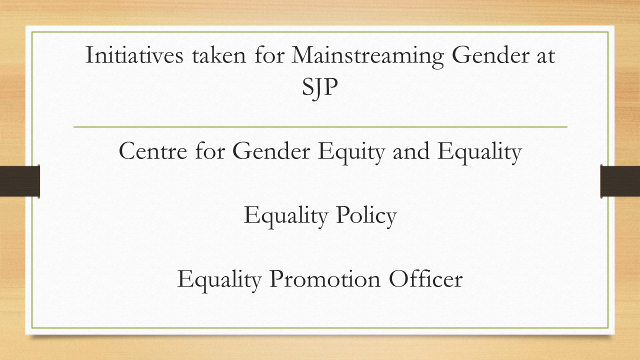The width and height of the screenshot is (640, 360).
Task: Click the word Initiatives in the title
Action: pyautogui.click(x=134, y=54)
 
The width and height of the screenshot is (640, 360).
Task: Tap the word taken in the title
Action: pyautogui.click(x=219, y=55)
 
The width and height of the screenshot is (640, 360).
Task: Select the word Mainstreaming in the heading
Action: pyautogui.click(x=367, y=57)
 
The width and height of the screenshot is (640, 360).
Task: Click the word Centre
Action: pyautogui.click(x=153, y=151)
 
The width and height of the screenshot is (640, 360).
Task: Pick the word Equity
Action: pyautogui.click(x=351, y=153)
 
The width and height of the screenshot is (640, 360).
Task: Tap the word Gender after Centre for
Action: pyautogui.click(x=271, y=150)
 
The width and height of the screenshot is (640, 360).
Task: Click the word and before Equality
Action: pyautogui.click(x=411, y=150)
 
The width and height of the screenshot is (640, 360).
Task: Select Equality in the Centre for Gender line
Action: pyautogui.click(x=479, y=153)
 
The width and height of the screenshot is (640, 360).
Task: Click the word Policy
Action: pyautogui.click(x=366, y=217)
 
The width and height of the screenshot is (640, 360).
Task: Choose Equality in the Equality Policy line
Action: pyautogui.click(x=285, y=217)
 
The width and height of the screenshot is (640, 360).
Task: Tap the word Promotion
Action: pyautogui.click(x=325, y=279)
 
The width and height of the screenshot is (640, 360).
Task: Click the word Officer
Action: pyautogui.click(x=425, y=278)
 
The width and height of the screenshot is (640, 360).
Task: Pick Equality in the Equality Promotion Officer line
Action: pyautogui.click(x=219, y=281)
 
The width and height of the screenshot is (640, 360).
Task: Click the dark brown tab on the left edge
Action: pyautogui.click(x=20, y=181)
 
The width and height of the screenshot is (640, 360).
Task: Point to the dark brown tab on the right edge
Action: pyautogui.click(x=620, y=181)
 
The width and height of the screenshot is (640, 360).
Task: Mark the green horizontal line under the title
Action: pyautogui.click(x=320, y=127)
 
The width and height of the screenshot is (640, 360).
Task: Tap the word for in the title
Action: pyautogui.click(x=269, y=54)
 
